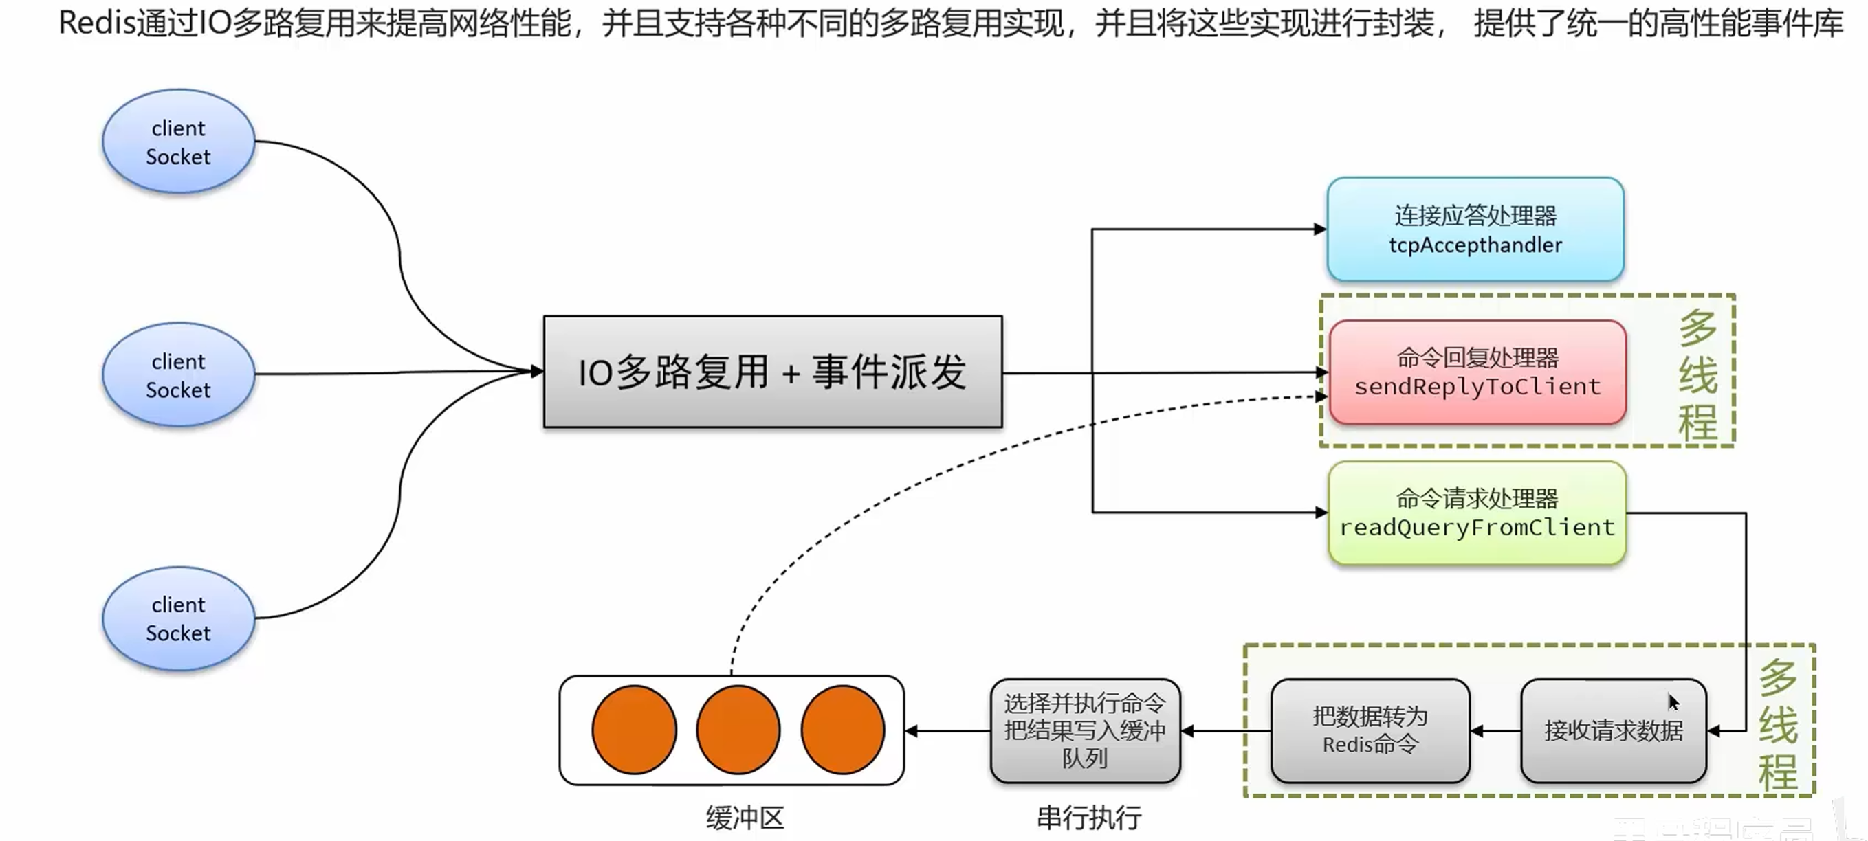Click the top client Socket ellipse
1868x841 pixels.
[x=178, y=142]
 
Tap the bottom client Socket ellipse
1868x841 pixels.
[x=178, y=618]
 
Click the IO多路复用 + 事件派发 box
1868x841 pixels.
[x=772, y=371]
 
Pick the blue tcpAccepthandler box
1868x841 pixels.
[x=1475, y=229]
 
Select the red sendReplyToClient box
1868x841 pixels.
[x=1477, y=372]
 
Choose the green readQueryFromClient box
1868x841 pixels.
[x=1477, y=513]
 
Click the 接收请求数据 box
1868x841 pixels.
[x=1613, y=730]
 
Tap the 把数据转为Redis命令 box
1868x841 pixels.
[x=1370, y=730]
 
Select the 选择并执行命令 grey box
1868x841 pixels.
[x=1085, y=730]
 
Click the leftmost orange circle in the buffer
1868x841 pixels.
[x=634, y=730]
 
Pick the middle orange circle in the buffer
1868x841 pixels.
[x=738, y=730]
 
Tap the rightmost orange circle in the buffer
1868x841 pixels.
[x=843, y=730]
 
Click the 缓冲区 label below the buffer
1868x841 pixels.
[x=745, y=818]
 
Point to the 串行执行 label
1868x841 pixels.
[x=1088, y=818]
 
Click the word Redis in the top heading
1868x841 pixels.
[x=97, y=23]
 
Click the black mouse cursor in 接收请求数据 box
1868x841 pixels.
[x=1673, y=702]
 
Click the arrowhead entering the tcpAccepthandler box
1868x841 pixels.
[x=1320, y=229]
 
